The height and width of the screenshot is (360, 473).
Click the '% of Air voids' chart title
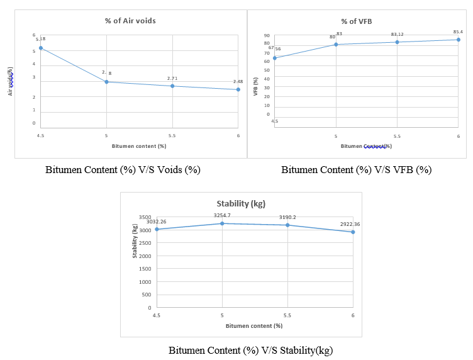pyautogui.click(x=130, y=21)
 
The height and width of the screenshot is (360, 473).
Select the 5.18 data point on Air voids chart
pyautogui.click(x=41, y=48)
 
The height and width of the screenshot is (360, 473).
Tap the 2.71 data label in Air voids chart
pyautogui.click(x=172, y=78)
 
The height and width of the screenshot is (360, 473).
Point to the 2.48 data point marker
pyautogui.click(x=238, y=89)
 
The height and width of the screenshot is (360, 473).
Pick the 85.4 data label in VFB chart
pyautogui.click(x=458, y=32)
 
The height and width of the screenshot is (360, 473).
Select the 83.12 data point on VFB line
pyautogui.click(x=397, y=42)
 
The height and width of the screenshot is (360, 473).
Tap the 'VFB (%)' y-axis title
pyautogui.click(x=256, y=86)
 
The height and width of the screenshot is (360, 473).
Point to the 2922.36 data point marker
pyautogui.click(x=353, y=232)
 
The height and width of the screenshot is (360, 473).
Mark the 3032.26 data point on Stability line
pyautogui.click(x=157, y=229)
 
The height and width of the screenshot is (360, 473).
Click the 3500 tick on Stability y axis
pyautogui.click(x=145, y=217)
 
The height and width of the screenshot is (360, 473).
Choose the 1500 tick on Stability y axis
pyautogui.click(x=145, y=269)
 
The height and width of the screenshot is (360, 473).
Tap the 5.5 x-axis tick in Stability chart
pyautogui.click(x=287, y=315)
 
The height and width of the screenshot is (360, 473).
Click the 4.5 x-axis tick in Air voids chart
pyautogui.click(x=41, y=135)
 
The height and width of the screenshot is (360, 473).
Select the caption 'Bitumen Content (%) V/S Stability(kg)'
pyautogui.click(x=250, y=351)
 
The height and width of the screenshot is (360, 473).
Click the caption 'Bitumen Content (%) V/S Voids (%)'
pyautogui.click(x=123, y=170)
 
